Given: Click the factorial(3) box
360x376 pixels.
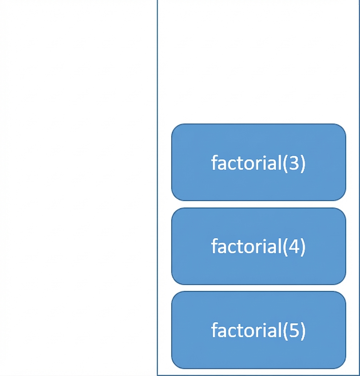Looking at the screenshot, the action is [259, 162].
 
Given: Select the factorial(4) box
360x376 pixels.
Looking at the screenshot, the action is [259, 246].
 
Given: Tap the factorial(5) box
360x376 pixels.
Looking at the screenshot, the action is [259, 330].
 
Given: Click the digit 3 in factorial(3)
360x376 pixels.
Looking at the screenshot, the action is [294, 163].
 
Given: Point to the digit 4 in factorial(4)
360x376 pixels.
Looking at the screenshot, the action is [294, 246].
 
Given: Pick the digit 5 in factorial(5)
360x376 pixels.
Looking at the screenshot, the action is [294, 330].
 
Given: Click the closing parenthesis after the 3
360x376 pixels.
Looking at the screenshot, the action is [302, 163].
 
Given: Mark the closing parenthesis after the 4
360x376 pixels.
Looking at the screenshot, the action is [302, 247].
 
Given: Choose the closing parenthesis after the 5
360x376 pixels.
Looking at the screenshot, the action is [302, 331].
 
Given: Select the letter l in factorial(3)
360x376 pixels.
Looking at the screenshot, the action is [280, 162].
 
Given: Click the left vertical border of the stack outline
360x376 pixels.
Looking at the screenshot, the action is [157, 188].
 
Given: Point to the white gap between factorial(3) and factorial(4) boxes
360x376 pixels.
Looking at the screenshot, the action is [259, 204].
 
